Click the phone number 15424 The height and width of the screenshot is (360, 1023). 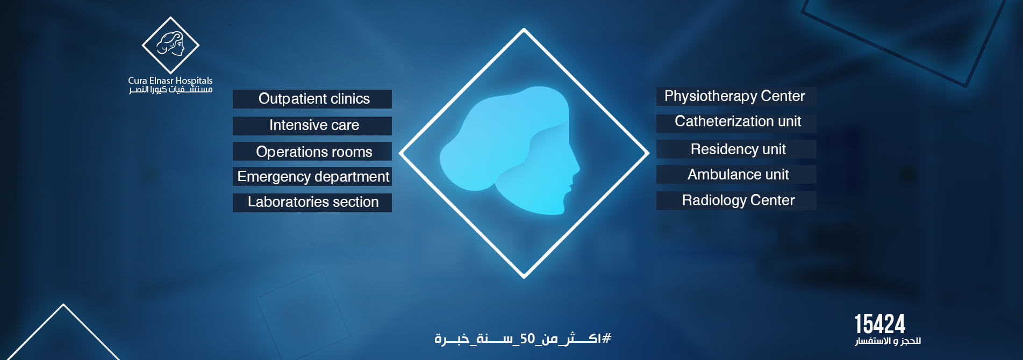pyautogui.click(x=880, y=325)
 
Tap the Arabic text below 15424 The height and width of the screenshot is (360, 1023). pyautogui.click(x=888, y=341)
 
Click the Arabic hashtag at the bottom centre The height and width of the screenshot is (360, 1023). pyautogui.click(x=523, y=339)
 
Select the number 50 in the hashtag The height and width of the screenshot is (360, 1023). pyautogui.click(x=527, y=339)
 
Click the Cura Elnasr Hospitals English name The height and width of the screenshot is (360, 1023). pyautogui.click(x=170, y=81)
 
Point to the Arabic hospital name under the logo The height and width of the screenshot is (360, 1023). pyautogui.click(x=170, y=89)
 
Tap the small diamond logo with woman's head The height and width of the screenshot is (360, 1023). pyautogui.click(x=170, y=45)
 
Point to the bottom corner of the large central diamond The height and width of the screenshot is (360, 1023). pyautogui.click(x=524, y=277)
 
